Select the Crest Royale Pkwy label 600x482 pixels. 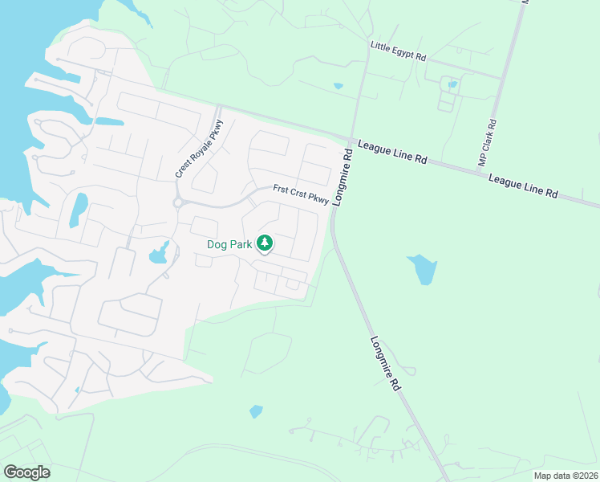point(199,149)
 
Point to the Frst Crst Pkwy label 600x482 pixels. point(301,194)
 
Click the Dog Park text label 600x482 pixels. point(229,243)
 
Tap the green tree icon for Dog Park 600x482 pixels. point(264,243)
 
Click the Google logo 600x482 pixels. point(26,472)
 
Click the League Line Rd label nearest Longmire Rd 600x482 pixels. point(392,151)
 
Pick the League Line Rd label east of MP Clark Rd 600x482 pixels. point(523,186)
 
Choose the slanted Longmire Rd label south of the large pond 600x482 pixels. point(386,361)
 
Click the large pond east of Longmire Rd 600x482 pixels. point(422,269)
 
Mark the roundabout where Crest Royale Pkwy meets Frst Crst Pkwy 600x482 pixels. point(178,202)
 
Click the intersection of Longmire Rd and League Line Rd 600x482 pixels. point(351,138)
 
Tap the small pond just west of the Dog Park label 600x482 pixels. point(158,255)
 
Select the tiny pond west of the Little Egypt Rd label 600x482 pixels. point(338,85)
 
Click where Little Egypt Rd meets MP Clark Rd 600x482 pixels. point(502,79)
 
